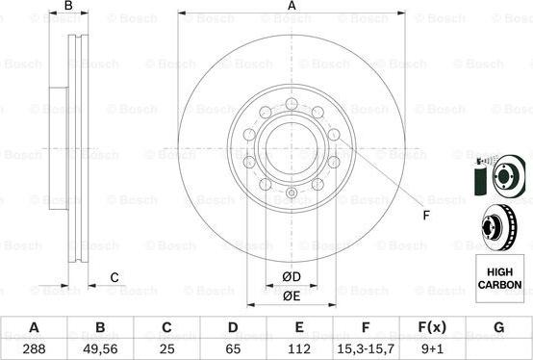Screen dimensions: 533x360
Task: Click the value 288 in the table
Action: click(34, 348)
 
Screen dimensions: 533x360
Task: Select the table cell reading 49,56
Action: click(100, 348)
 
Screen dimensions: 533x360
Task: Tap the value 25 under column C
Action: click(166, 348)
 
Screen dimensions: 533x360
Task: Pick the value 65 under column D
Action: click(233, 348)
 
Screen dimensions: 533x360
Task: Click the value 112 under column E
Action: click(299, 348)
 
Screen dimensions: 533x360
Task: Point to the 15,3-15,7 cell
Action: click(366, 348)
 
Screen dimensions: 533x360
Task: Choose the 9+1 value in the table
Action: click(432, 348)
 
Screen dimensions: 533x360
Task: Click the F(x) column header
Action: click(432, 327)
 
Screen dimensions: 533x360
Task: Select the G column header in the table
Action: click(498, 327)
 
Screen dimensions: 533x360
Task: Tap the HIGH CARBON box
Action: click(499, 278)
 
